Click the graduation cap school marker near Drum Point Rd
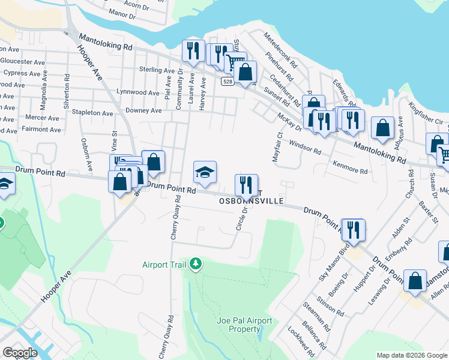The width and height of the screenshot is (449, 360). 205,173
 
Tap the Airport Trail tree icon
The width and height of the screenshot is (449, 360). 195,264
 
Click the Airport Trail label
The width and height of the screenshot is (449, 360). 163,265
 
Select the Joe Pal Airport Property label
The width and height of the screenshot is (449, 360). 244,325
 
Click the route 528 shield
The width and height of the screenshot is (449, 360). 226,81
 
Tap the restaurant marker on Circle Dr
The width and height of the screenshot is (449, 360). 246,185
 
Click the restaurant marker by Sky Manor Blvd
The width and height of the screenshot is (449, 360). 353,230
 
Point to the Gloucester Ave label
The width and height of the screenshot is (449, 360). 22,62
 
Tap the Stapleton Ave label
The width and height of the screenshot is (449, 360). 92,113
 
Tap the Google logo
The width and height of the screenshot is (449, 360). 20,353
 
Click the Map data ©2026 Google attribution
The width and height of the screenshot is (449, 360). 412,355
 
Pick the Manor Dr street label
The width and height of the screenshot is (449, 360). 123,14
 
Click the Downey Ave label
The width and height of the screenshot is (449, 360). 143,111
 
